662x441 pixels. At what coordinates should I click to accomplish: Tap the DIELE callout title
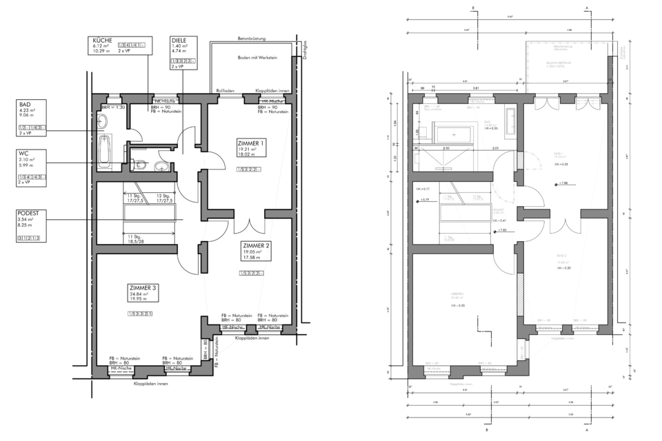pos(179,41)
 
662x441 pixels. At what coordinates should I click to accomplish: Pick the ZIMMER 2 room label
pos(257,245)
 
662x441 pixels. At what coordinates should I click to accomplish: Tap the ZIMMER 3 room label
pos(143,287)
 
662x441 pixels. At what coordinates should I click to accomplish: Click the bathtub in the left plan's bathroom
pos(105,151)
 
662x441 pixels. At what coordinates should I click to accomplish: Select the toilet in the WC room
pos(139,165)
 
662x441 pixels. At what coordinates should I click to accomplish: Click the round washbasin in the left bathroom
pos(103,122)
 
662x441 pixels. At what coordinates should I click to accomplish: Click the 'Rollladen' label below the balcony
pos(225,90)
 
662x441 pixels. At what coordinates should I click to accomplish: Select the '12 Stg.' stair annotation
pos(163,196)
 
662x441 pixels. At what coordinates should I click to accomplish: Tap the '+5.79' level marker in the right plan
pos(425,201)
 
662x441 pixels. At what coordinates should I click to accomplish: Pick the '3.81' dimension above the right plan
pos(476,89)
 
